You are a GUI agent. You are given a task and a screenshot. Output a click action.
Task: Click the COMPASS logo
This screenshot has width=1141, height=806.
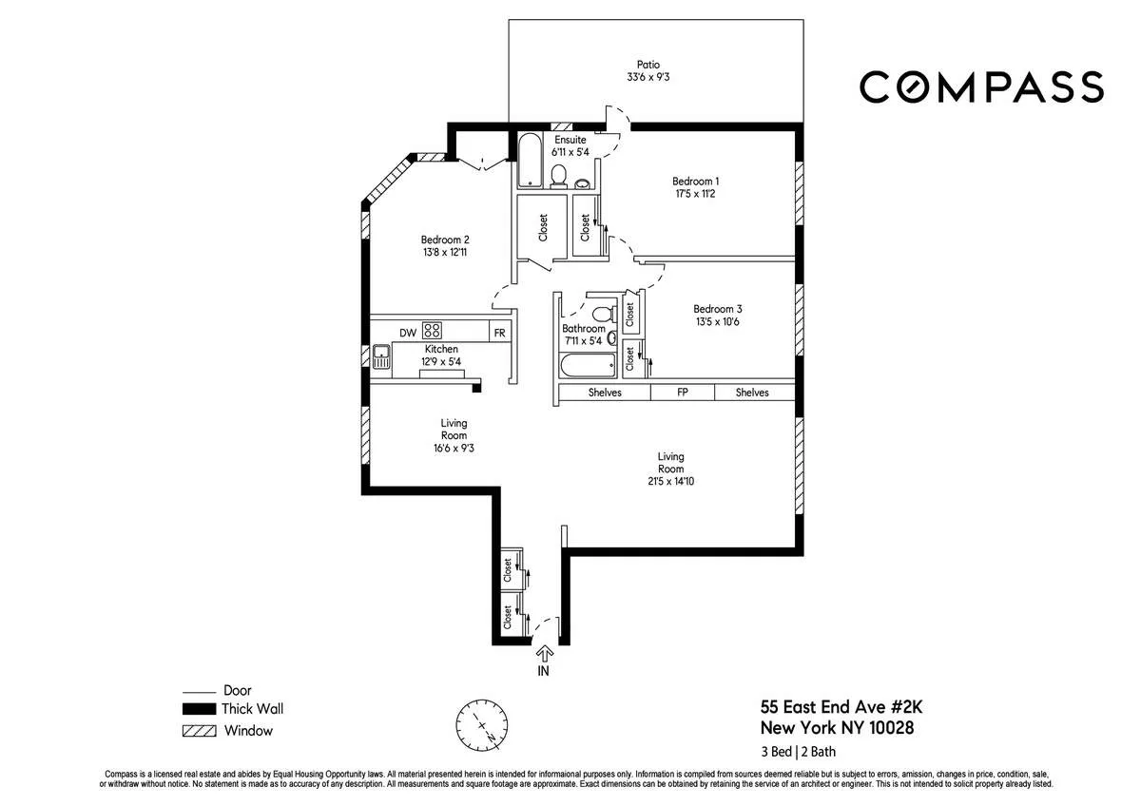coord(981,86)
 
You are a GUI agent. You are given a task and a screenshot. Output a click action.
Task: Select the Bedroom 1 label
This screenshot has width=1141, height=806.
coord(695,182)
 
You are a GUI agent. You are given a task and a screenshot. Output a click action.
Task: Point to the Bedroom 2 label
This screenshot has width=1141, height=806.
coord(446,240)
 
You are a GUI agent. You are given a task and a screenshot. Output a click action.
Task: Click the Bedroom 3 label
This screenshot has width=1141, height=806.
coord(717,309)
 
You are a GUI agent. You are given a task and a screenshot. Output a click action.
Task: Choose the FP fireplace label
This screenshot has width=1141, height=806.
coord(682,393)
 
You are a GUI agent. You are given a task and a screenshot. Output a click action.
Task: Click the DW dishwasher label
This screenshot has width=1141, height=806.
coord(407,332)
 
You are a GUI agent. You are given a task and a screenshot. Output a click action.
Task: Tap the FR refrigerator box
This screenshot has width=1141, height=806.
coord(498,333)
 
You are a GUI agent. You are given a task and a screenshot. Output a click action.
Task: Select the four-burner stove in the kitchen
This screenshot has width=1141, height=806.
coord(433,331)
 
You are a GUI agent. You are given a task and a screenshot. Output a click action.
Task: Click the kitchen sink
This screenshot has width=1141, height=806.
coord(381,357)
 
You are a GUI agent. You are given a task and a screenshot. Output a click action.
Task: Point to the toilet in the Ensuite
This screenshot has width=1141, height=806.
coord(559,175)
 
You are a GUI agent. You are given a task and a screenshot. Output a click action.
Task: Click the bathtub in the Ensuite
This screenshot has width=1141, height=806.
coord(529,162)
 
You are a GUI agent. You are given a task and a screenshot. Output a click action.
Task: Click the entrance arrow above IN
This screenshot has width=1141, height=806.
coord(545,653)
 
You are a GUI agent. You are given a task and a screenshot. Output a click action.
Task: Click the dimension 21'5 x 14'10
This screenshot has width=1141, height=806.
coord(670,481)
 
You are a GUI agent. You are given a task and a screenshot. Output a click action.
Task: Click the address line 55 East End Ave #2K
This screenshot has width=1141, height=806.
coord(834,707)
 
